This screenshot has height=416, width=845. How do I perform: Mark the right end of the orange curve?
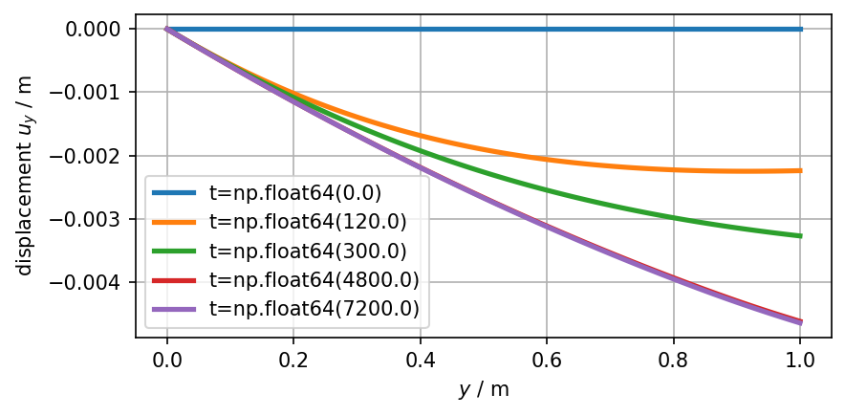pyautogui.click(x=800, y=170)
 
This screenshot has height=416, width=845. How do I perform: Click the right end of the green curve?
pyautogui.click(x=800, y=235)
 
